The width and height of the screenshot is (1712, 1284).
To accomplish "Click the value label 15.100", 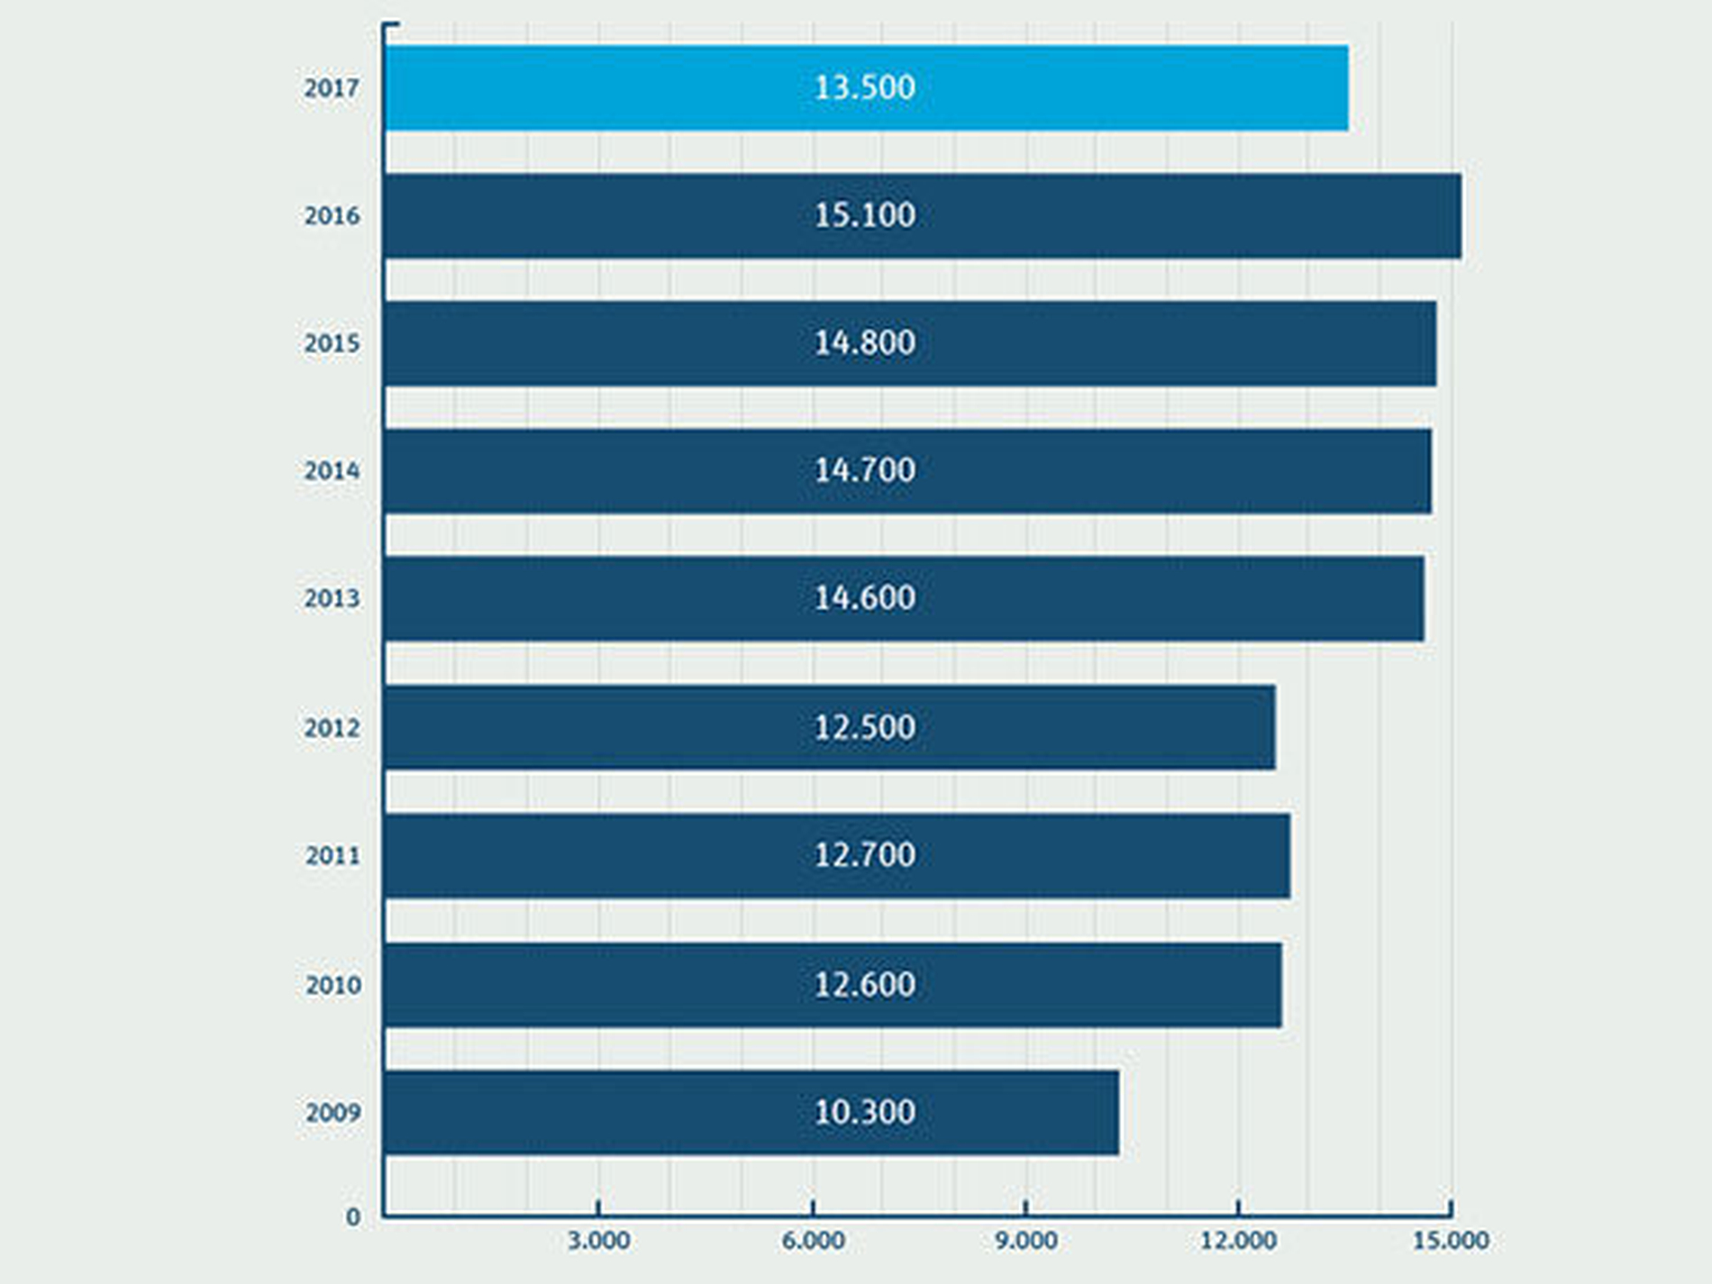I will click(x=864, y=215).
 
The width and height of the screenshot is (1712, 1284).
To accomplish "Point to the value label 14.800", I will click(x=864, y=343).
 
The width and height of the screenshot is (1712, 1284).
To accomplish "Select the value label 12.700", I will click(x=864, y=855).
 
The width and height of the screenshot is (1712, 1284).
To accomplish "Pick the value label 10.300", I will click(x=864, y=1112).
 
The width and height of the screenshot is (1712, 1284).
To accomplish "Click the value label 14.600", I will click(x=864, y=598).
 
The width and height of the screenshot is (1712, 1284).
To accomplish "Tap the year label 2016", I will click(x=332, y=216).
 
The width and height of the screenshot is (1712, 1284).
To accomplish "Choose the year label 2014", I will click(x=332, y=471).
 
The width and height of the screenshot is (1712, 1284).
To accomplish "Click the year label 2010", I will click(x=332, y=985).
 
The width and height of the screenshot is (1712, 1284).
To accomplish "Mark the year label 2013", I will click(x=332, y=598).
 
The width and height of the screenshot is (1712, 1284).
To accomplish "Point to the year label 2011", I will click(x=332, y=855).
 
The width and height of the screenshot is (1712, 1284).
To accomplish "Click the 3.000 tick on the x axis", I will click(x=598, y=1241).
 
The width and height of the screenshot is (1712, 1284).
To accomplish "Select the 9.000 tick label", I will click(x=1025, y=1241).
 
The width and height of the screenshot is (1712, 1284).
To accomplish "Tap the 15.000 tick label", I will click(x=1450, y=1241).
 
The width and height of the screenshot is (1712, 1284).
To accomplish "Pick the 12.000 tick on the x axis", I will click(x=1238, y=1241).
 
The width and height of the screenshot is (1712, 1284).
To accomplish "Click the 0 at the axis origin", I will click(x=353, y=1217).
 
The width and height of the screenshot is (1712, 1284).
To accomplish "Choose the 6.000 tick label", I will click(x=813, y=1241).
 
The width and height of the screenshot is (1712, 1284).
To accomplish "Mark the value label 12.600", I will click(x=864, y=984).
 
